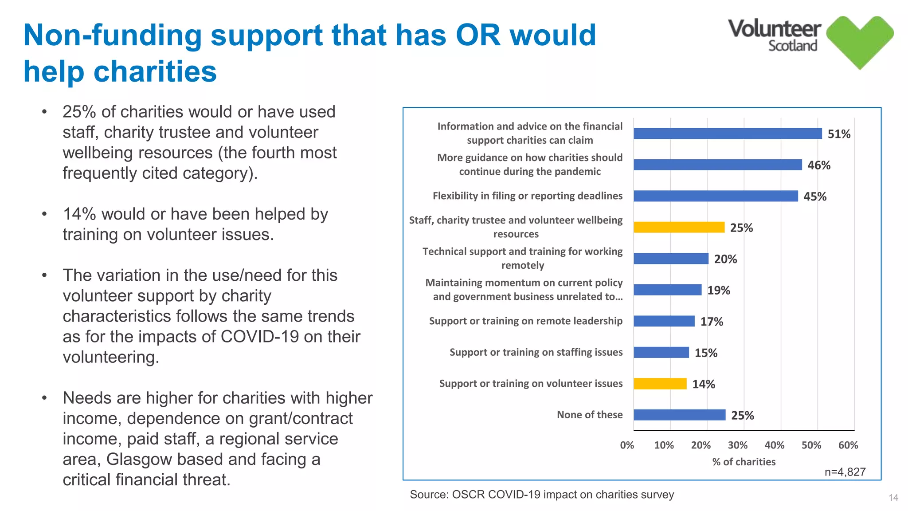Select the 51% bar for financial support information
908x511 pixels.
[x=727, y=134]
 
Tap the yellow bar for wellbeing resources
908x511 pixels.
[x=678, y=227]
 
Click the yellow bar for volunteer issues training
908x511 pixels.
[x=660, y=384]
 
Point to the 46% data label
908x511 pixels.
[x=818, y=165]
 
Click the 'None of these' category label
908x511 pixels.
[x=589, y=415]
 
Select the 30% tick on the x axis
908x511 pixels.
[x=737, y=445]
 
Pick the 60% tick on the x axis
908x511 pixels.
[x=848, y=445]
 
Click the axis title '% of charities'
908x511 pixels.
[x=744, y=462]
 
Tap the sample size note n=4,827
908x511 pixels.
[x=845, y=472]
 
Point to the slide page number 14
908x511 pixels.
[x=893, y=498]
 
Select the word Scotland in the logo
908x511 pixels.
[x=792, y=46]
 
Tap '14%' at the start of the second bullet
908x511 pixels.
[x=79, y=214]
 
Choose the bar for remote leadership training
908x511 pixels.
[x=664, y=321]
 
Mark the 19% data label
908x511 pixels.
[x=718, y=291]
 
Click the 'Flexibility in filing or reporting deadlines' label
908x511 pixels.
[x=527, y=196]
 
